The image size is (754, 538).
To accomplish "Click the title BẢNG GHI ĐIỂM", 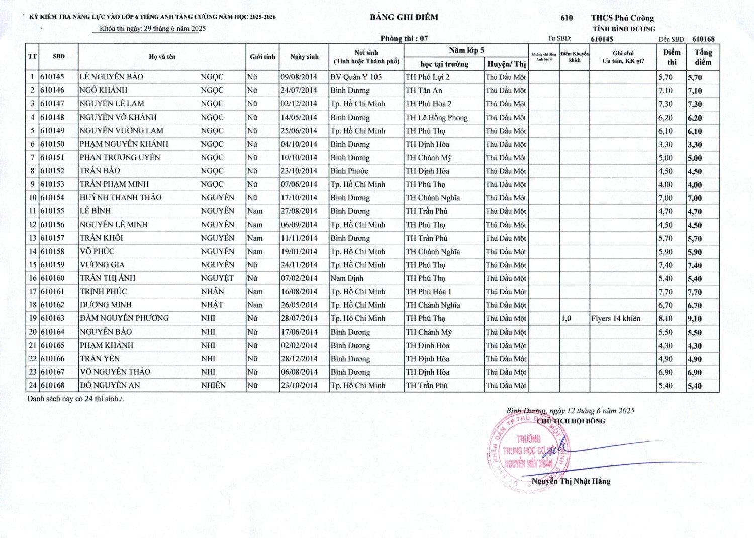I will (x=404, y=17).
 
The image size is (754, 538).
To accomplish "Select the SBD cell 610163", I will (x=53, y=318).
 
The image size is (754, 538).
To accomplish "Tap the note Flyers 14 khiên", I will (x=616, y=318).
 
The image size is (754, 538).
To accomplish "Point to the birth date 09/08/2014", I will (x=299, y=77).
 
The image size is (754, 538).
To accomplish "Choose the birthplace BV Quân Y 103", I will (x=356, y=77).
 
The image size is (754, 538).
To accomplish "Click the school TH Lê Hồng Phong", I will (x=437, y=118).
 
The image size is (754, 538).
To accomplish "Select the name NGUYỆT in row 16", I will (x=217, y=278).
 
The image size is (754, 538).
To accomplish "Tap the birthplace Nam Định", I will (x=347, y=278).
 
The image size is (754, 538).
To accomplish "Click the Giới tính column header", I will (x=262, y=57).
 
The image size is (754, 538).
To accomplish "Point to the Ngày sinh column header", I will (x=304, y=57).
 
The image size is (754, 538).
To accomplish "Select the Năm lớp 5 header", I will (x=466, y=50).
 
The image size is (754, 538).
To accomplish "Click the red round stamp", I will (x=528, y=452).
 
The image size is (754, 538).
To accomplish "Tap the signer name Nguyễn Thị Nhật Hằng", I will (x=571, y=481).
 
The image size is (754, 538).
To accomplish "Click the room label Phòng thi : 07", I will (x=404, y=39).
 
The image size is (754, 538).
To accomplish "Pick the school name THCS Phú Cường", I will (x=622, y=18).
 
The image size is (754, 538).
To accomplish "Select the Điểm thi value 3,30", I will (x=666, y=145).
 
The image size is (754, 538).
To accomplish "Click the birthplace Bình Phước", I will (x=349, y=171).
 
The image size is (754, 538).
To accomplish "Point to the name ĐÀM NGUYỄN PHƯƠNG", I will (x=124, y=318).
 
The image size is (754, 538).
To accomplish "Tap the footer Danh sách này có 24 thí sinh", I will (x=75, y=399).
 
